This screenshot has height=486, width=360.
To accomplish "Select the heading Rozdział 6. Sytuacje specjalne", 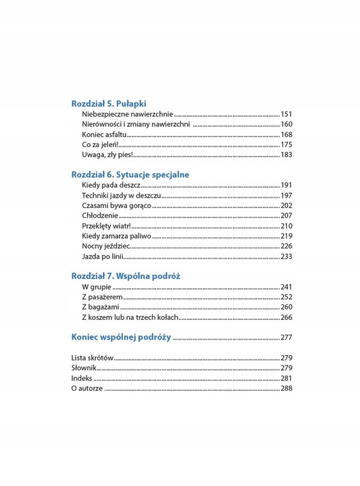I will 130,174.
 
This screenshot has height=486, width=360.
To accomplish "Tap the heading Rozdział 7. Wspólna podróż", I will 126,275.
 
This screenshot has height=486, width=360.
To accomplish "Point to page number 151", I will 286,114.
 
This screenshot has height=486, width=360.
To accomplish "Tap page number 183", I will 286,155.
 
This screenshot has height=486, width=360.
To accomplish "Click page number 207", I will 286,215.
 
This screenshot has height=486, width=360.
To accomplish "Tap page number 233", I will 286,256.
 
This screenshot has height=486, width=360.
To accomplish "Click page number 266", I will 286,317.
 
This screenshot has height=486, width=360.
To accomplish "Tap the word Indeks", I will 82,378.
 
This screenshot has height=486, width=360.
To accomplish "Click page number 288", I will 286,388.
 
